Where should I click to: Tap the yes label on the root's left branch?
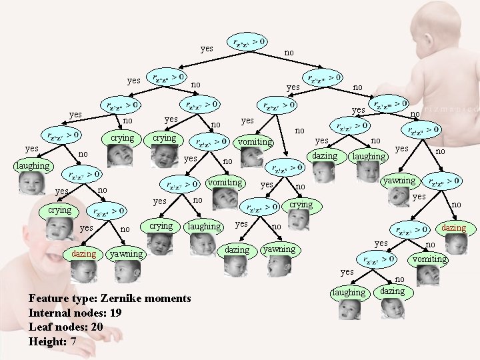point(207,49)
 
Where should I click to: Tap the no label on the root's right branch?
point(289,52)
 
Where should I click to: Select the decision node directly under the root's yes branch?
point(166,77)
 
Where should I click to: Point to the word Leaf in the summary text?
point(39,327)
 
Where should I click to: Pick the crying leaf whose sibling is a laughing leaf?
point(161,226)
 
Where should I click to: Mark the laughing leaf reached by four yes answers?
point(33,165)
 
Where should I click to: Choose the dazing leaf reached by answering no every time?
point(454,228)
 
